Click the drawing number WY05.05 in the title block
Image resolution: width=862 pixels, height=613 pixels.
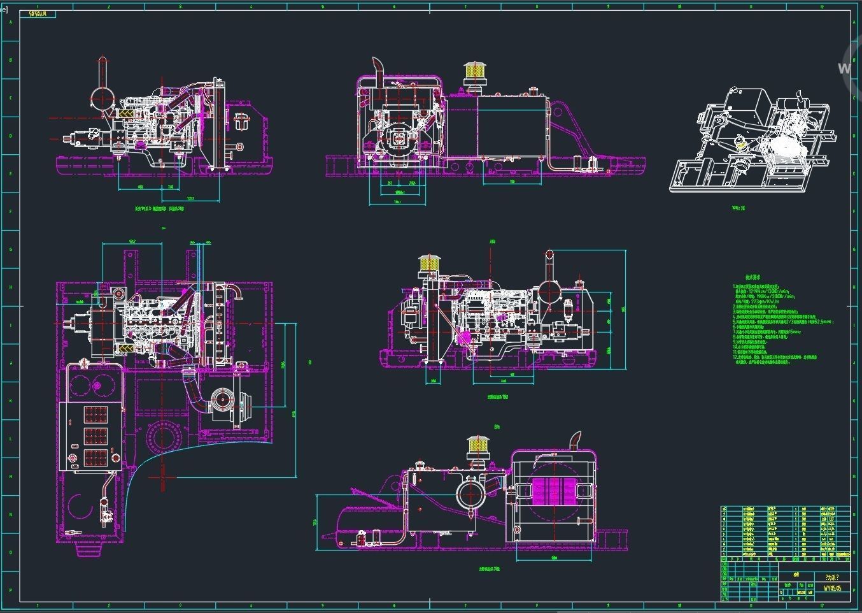tap(832, 588)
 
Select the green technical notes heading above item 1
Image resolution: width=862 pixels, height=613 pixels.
tap(754, 277)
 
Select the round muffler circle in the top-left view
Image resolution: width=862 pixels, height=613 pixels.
tap(102, 98)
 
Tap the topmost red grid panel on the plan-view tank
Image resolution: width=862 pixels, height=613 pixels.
tap(95, 415)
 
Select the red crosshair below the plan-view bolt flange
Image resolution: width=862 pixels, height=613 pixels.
tap(163, 473)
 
